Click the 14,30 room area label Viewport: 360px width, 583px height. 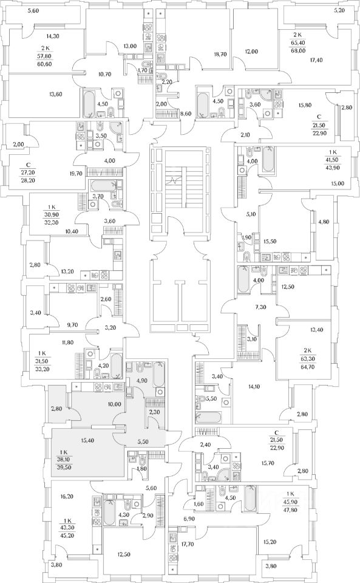tap(53, 36)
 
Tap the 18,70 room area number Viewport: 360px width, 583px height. tap(221, 54)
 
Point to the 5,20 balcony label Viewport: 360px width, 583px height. tap(339, 10)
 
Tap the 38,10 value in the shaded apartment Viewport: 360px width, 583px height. tap(67, 459)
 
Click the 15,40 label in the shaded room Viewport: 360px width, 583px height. tap(87, 440)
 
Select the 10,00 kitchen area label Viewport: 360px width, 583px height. tap(114, 404)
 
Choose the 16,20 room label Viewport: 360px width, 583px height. tap(67, 496)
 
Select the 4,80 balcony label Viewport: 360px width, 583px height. tap(324, 222)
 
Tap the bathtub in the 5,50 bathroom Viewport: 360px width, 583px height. tap(209, 417)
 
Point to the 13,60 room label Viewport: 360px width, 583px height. tap(55, 94)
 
